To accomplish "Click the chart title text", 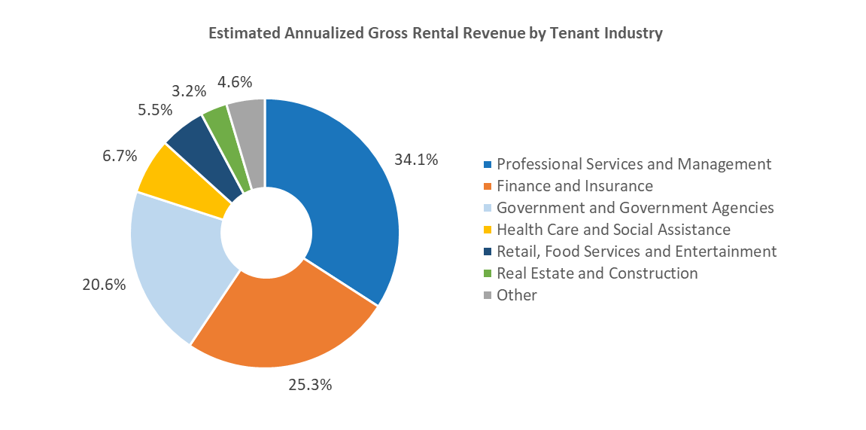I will pos(435,34).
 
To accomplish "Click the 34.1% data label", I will pos(416,160).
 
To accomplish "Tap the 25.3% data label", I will pos(310,385).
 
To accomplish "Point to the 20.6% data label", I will pos(103,285).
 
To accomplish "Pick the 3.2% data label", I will pos(188,91).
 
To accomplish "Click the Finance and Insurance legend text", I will pos(575,186).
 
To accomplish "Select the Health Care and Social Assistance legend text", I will pos(613,230).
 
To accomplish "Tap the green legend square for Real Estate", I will pos(488,273).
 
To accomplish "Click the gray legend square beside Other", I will pos(488,295).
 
